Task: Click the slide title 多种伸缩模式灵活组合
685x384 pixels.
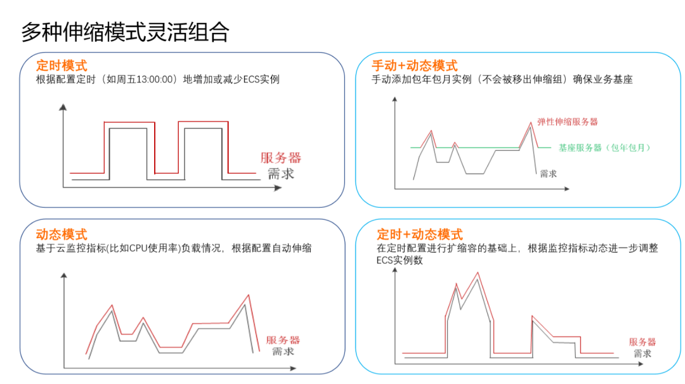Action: click(x=125, y=32)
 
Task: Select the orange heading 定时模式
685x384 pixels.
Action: click(x=62, y=65)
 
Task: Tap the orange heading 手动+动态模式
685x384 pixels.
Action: click(x=414, y=65)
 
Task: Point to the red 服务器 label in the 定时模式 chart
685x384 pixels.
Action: click(x=280, y=158)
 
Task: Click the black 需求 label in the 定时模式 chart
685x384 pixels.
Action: click(x=280, y=174)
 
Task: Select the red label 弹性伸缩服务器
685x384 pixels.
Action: click(x=568, y=121)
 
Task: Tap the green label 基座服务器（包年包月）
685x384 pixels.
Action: click(x=605, y=148)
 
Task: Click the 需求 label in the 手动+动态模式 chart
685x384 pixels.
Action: click(x=548, y=174)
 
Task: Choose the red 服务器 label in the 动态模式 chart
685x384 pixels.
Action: click(x=283, y=340)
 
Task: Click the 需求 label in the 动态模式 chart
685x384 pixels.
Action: click(x=283, y=352)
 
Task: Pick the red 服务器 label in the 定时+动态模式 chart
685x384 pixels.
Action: click(x=643, y=342)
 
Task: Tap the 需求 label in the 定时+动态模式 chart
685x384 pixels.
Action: click(x=643, y=354)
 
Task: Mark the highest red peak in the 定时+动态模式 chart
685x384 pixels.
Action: click(x=477, y=273)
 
